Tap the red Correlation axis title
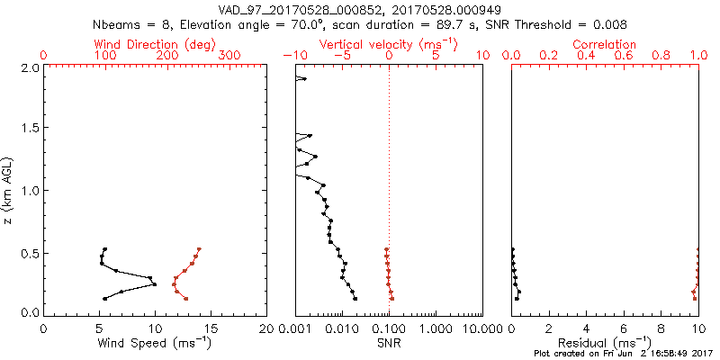tap(605, 44)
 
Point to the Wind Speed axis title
tap(155, 343)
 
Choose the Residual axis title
tap(605, 343)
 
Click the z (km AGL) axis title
tap(9, 190)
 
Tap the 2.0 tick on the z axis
tap(29, 67)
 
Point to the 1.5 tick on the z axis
tap(29, 130)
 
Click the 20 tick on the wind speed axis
tap(266, 329)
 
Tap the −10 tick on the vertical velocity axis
tap(292, 56)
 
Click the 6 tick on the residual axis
tap(624, 329)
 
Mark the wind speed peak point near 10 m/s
tap(155, 284)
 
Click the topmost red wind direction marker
tap(199, 249)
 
